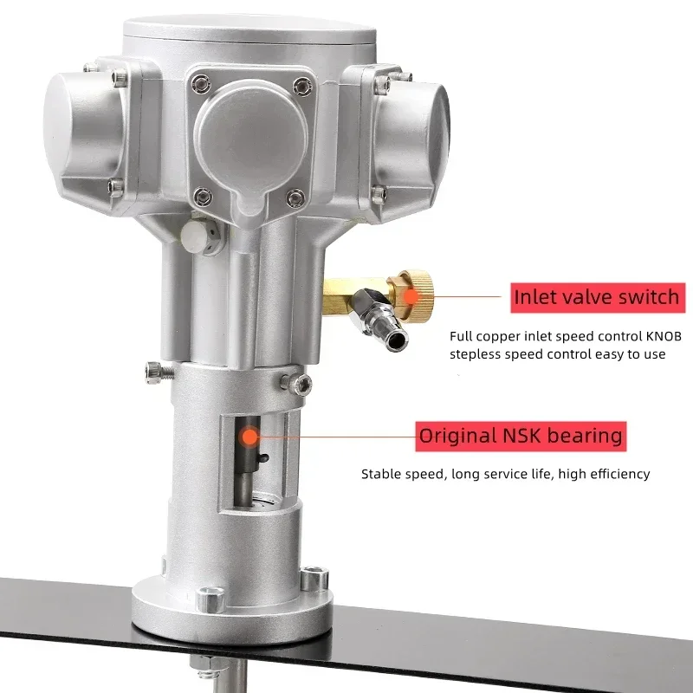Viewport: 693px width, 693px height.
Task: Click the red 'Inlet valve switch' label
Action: [x=596, y=297]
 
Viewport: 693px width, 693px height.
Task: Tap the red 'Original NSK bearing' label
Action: [x=521, y=435]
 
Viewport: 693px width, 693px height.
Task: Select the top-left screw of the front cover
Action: [x=202, y=83]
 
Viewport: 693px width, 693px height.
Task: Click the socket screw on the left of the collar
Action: [x=154, y=370]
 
